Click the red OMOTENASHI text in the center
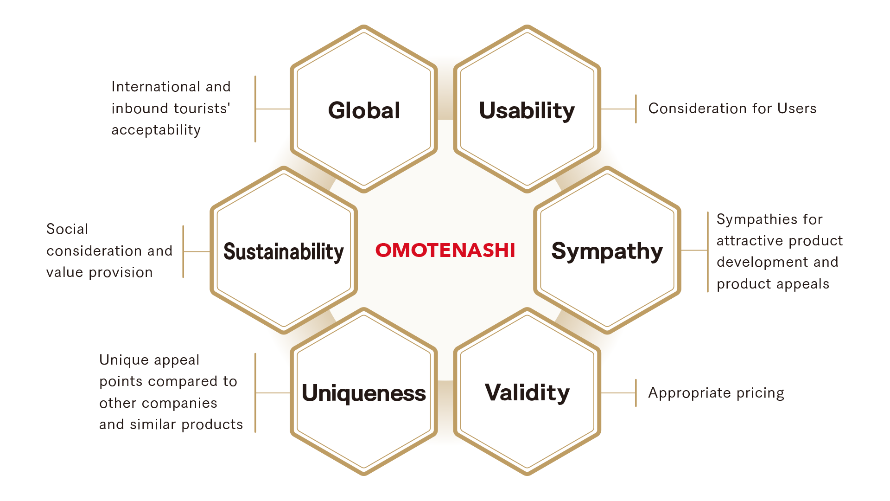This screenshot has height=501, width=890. coord(445,250)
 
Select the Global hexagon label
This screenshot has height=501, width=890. coord(364,110)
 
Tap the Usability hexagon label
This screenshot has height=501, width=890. coord(527,111)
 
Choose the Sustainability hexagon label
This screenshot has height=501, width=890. coord(284,252)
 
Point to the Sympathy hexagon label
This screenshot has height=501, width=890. coord(607,252)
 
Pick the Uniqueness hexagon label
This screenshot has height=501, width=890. coord(364,393)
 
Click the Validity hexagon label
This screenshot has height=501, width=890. coord(527,393)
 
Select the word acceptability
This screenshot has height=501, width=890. coord(156,130)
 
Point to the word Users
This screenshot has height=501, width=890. coord(797,109)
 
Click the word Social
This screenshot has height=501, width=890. coord(67,229)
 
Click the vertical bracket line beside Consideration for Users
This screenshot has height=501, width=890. coord(636,109)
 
